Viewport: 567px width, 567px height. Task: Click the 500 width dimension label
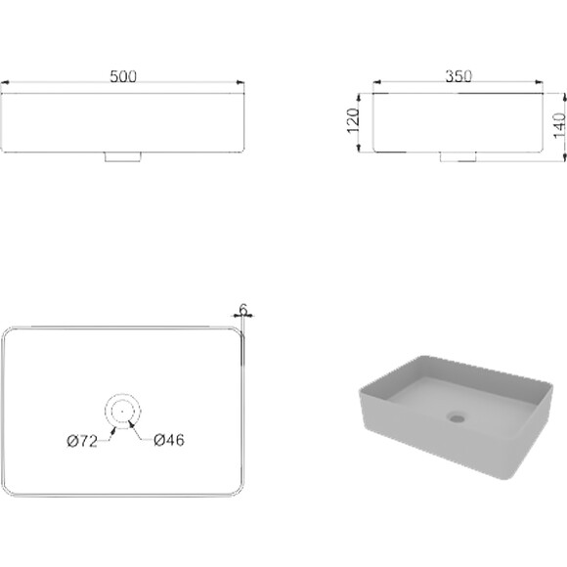(x=123, y=76)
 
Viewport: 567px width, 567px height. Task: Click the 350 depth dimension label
(x=458, y=76)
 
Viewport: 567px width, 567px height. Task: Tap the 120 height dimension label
(x=353, y=121)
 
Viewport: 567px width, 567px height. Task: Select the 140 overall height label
(x=559, y=125)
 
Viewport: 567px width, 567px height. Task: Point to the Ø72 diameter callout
(x=82, y=441)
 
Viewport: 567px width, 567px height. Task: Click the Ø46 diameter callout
(x=169, y=440)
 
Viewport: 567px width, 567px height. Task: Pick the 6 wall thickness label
(x=243, y=310)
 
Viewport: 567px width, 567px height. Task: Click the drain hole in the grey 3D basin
(x=458, y=417)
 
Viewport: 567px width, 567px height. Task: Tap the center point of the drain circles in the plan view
(x=122, y=412)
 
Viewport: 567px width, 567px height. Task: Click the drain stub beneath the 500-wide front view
(x=122, y=157)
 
